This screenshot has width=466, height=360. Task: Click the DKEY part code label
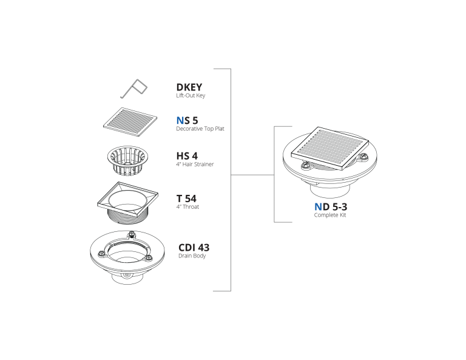pyautogui.click(x=189, y=87)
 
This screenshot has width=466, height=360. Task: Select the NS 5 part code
pyautogui.click(x=187, y=120)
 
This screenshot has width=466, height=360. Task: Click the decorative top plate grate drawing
pyautogui.click(x=130, y=122)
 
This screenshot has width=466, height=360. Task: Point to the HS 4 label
pyautogui.click(x=187, y=156)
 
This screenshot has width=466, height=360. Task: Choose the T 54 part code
pyautogui.click(x=186, y=199)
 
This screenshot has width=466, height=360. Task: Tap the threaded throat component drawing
pyautogui.click(x=128, y=203)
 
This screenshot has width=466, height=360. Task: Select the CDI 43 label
pyautogui.click(x=194, y=247)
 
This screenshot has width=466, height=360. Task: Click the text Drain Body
pyautogui.click(x=192, y=256)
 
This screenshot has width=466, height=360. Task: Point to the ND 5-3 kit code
pyautogui.click(x=331, y=206)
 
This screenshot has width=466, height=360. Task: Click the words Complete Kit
pyautogui.click(x=330, y=215)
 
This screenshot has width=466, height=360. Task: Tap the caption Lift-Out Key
pyautogui.click(x=191, y=95)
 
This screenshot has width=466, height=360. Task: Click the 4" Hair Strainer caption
pyautogui.click(x=195, y=164)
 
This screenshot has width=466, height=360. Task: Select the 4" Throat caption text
pyautogui.click(x=187, y=206)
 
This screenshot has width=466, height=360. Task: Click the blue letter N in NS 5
pyautogui.click(x=180, y=120)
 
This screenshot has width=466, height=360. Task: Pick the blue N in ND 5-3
pyautogui.click(x=318, y=206)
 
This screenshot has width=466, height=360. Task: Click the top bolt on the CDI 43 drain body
pyautogui.click(x=131, y=235)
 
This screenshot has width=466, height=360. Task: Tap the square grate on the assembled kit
pyautogui.click(x=330, y=148)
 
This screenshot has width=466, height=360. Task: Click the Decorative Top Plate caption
pyautogui.click(x=200, y=129)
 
